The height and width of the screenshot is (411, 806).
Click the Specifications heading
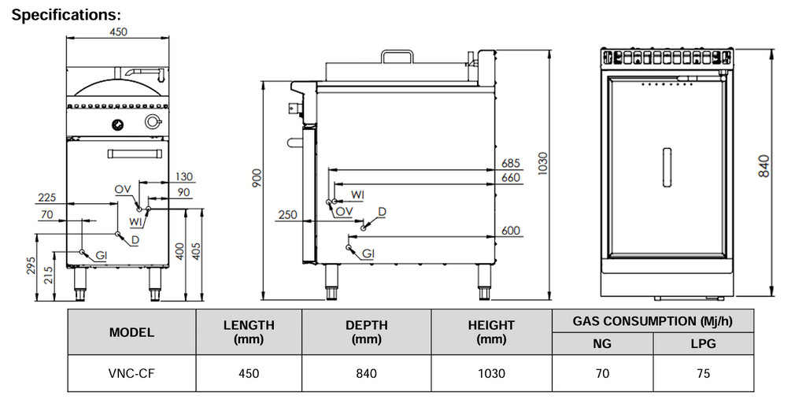67,15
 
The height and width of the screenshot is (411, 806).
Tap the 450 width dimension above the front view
118,32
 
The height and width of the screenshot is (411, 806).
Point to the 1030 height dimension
542,162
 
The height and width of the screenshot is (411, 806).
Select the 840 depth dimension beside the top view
763,165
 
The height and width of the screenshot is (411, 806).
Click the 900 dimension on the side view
256,179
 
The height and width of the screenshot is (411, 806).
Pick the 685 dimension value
512,163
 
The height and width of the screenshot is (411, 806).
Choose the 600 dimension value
512,231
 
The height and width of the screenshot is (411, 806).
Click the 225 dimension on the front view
46,198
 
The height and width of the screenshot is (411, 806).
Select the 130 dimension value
183,176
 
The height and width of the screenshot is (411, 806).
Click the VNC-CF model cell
131,374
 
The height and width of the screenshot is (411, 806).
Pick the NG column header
602,344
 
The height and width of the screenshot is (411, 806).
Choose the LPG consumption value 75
703,374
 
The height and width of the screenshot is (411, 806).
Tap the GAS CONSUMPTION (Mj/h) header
653,320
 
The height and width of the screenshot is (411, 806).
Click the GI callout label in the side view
368,254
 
